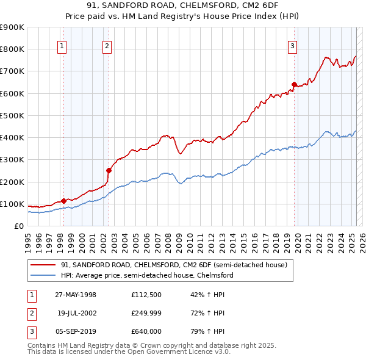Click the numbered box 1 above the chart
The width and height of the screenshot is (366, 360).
point(63,46)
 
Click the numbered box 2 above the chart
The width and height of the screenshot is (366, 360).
point(107,46)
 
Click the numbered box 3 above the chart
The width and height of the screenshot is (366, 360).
point(293,46)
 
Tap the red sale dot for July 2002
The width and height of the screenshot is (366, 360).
point(109,171)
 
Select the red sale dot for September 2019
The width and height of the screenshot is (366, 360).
point(294,84)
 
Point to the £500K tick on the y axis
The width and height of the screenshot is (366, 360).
point(12,115)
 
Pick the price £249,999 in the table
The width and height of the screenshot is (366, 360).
point(146,313)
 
